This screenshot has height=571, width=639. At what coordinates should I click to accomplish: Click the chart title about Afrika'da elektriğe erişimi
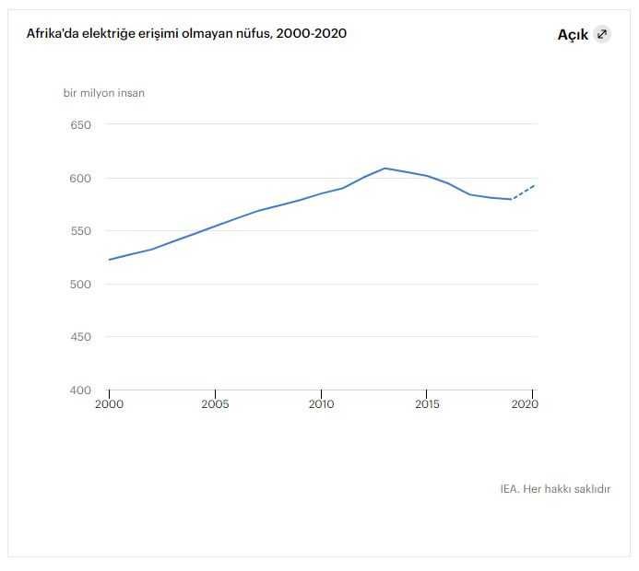186,33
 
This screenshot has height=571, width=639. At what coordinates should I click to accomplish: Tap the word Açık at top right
573,35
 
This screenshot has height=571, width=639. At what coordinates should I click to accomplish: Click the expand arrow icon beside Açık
602,34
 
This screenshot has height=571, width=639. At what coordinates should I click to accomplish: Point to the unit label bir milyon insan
103,93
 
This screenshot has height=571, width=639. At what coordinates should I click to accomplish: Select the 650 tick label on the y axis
81,125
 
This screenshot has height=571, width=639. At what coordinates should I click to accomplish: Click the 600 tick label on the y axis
81,179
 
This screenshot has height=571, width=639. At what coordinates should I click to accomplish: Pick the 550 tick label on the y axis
81,231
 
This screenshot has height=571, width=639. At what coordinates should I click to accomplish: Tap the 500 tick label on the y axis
81,285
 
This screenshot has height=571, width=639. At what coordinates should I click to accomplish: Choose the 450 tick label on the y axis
81,337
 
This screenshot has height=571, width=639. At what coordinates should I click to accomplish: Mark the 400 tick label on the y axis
81,390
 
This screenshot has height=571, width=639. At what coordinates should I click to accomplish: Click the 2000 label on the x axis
109,404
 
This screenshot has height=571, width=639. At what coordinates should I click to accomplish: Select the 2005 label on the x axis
215,404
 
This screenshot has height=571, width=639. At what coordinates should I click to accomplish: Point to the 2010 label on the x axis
321,404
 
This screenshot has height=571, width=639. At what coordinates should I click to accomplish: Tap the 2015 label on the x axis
427,404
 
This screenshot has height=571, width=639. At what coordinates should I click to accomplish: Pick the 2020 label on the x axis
525,404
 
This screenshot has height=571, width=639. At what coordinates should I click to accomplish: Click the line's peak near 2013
385,169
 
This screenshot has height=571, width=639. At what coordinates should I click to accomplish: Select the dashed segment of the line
523,192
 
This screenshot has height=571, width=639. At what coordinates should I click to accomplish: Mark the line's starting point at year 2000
110,260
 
